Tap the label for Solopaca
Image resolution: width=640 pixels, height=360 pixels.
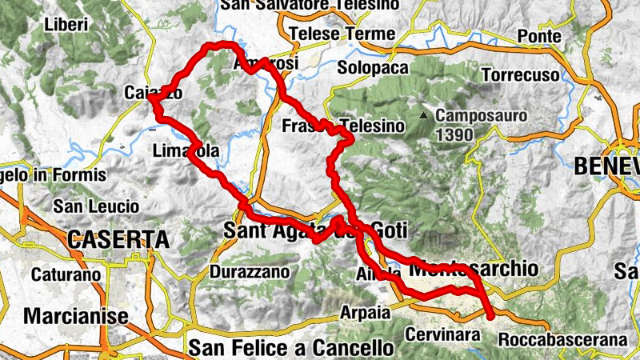373,68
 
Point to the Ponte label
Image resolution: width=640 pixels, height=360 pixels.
540,35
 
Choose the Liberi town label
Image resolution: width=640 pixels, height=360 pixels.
66,24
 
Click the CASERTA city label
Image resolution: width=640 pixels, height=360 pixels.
118,238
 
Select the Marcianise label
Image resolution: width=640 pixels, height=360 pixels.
76,316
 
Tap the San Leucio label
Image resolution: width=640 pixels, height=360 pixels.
95,206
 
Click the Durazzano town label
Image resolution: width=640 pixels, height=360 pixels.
248,272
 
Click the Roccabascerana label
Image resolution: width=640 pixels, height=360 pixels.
562,340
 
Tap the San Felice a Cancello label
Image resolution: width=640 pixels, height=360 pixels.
292,348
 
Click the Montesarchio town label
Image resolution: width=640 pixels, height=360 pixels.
473,270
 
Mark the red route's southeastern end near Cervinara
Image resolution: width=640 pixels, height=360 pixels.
490,317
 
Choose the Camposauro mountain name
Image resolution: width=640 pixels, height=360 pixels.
481,116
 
